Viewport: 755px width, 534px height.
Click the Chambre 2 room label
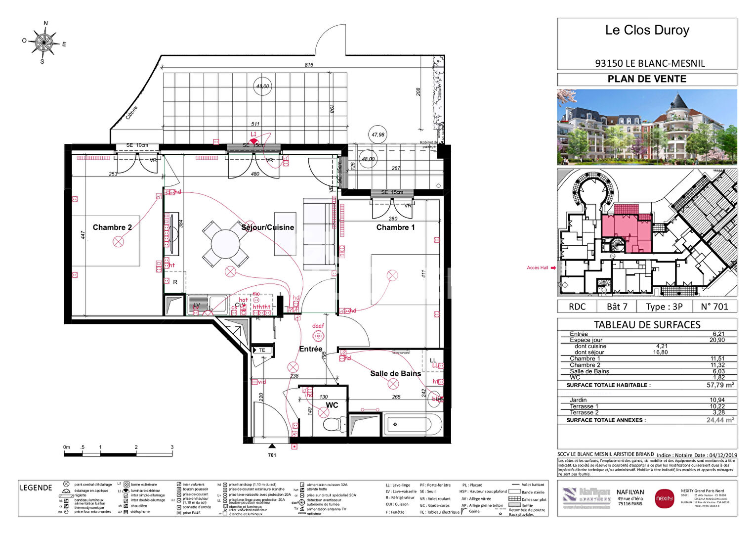point(112,227)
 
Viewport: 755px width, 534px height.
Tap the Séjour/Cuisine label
point(267,227)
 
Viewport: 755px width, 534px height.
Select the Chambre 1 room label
point(395,227)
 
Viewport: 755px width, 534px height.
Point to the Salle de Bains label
point(395,374)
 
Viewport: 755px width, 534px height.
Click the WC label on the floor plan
point(332,405)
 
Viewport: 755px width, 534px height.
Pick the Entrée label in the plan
point(310,349)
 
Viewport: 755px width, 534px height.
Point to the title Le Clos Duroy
point(647,30)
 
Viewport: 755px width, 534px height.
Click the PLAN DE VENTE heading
point(647,79)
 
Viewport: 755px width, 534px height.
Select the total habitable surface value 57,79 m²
point(720,385)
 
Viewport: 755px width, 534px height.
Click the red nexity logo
point(664,498)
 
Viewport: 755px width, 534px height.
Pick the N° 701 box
point(714,307)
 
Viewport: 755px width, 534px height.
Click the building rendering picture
point(647,127)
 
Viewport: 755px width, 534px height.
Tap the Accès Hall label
point(537,268)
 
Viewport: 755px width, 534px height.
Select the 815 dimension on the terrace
point(309,65)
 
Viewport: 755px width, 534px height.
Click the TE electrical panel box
point(262,350)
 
